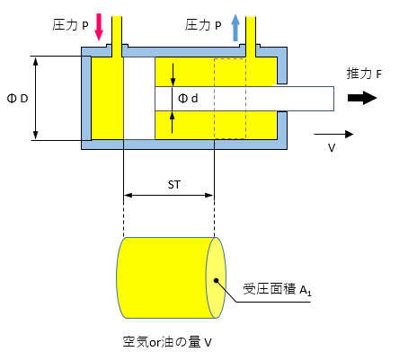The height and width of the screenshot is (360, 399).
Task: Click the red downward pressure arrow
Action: (99, 27)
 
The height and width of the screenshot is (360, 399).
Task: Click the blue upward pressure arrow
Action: (235, 28)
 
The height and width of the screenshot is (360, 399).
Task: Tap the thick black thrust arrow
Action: (362, 98)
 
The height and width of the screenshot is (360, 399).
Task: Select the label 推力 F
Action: (364, 74)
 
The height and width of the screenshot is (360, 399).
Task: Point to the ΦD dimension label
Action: (17, 99)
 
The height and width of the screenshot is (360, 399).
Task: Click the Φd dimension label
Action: (188, 98)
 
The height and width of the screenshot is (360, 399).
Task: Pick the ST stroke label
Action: (174, 185)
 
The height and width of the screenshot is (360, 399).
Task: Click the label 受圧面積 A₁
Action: (277, 289)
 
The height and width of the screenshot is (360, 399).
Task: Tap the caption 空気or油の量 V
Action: (167, 342)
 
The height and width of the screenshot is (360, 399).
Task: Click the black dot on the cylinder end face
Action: (216, 280)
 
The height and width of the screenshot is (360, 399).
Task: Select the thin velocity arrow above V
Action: (333, 135)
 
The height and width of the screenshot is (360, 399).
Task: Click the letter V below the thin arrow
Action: (332, 148)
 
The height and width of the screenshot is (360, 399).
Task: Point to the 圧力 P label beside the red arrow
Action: (70, 25)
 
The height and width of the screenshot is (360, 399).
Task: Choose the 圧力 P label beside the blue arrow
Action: (203, 25)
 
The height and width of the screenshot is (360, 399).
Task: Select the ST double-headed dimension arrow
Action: (168, 196)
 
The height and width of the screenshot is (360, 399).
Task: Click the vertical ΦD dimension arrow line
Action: (36, 99)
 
